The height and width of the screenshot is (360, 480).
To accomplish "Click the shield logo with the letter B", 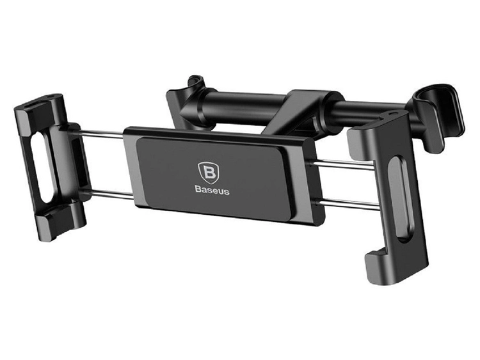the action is tap(209, 173).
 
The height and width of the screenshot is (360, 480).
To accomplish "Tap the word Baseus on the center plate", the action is tap(212, 191).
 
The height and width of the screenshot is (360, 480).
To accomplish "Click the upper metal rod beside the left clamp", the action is tap(101, 134).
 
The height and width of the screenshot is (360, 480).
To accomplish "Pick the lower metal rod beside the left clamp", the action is tap(111, 194).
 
